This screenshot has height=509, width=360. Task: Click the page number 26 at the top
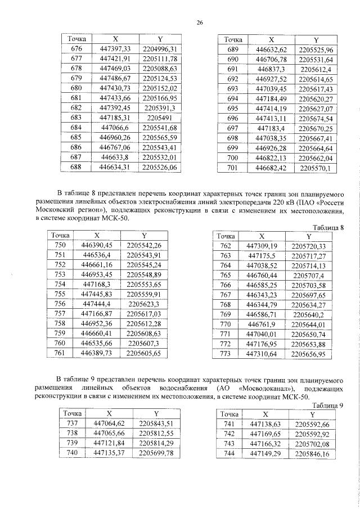tap(199, 23)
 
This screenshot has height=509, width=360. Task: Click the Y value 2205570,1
tap(317, 168)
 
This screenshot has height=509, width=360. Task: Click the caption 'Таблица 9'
tap(327, 405)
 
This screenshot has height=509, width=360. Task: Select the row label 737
tap(71, 424)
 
